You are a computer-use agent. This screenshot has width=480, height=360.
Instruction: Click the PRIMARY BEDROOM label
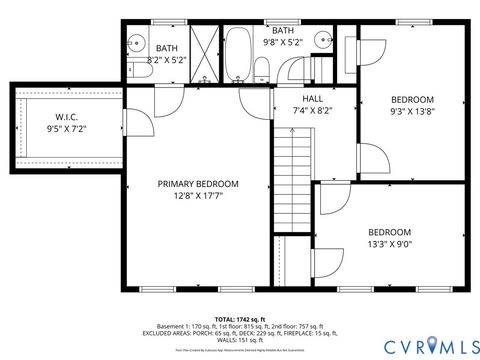[197, 183]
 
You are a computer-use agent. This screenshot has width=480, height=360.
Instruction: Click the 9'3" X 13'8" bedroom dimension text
[411, 113]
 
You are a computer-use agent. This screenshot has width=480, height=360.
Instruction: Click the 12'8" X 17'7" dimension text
[197, 196]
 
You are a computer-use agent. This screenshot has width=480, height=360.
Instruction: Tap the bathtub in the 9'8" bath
[238, 55]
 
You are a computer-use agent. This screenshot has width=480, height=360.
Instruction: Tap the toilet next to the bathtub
[262, 68]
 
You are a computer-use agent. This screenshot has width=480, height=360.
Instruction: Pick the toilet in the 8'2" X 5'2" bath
[133, 68]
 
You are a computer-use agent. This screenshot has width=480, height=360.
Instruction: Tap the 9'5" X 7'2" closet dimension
[68, 128]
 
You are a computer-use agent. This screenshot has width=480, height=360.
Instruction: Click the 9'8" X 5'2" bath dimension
[283, 42]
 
